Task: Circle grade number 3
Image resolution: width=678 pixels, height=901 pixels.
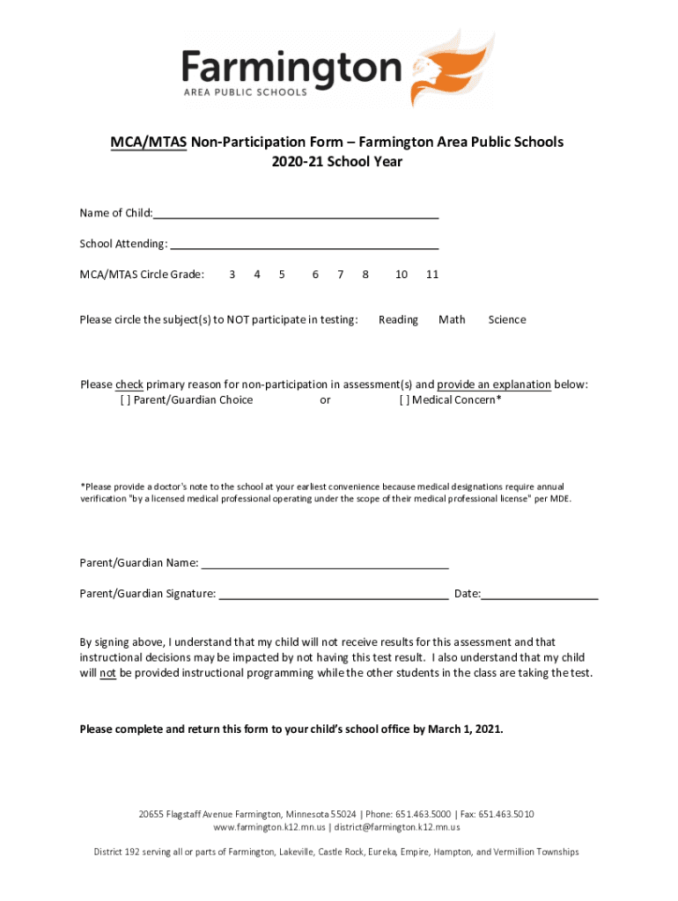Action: coord(232,275)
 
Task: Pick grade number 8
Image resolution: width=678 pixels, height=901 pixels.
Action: coord(365,275)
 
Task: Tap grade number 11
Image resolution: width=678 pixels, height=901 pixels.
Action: coord(432,275)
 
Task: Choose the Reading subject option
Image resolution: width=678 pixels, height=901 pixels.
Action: coord(398,319)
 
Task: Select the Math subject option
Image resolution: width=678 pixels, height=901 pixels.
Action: coord(452,319)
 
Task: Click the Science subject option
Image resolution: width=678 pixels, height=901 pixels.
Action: coord(507,319)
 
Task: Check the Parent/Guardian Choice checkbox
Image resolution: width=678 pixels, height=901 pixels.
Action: coord(124,400)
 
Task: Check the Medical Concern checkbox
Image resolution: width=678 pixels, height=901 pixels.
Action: coord(403,400)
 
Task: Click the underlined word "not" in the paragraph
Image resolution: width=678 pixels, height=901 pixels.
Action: coord(107,673)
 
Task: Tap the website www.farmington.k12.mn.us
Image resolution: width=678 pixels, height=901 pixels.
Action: coord(269,827)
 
